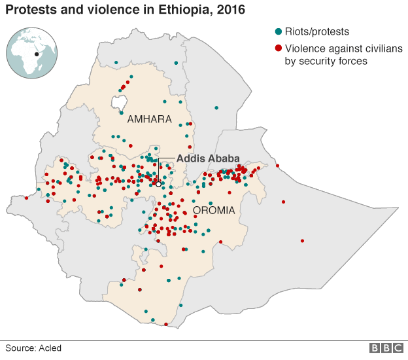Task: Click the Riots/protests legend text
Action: tap(317, 31)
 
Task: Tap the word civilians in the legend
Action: tap(372, 48)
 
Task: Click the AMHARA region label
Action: tap(149, 120)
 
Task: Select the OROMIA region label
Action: tap(214, 211)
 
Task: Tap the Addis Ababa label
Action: tap(208, 158)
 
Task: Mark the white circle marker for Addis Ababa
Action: tap(158, 185)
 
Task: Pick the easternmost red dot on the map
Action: tap(302, 241)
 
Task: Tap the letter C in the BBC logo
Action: tap(397, 348)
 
